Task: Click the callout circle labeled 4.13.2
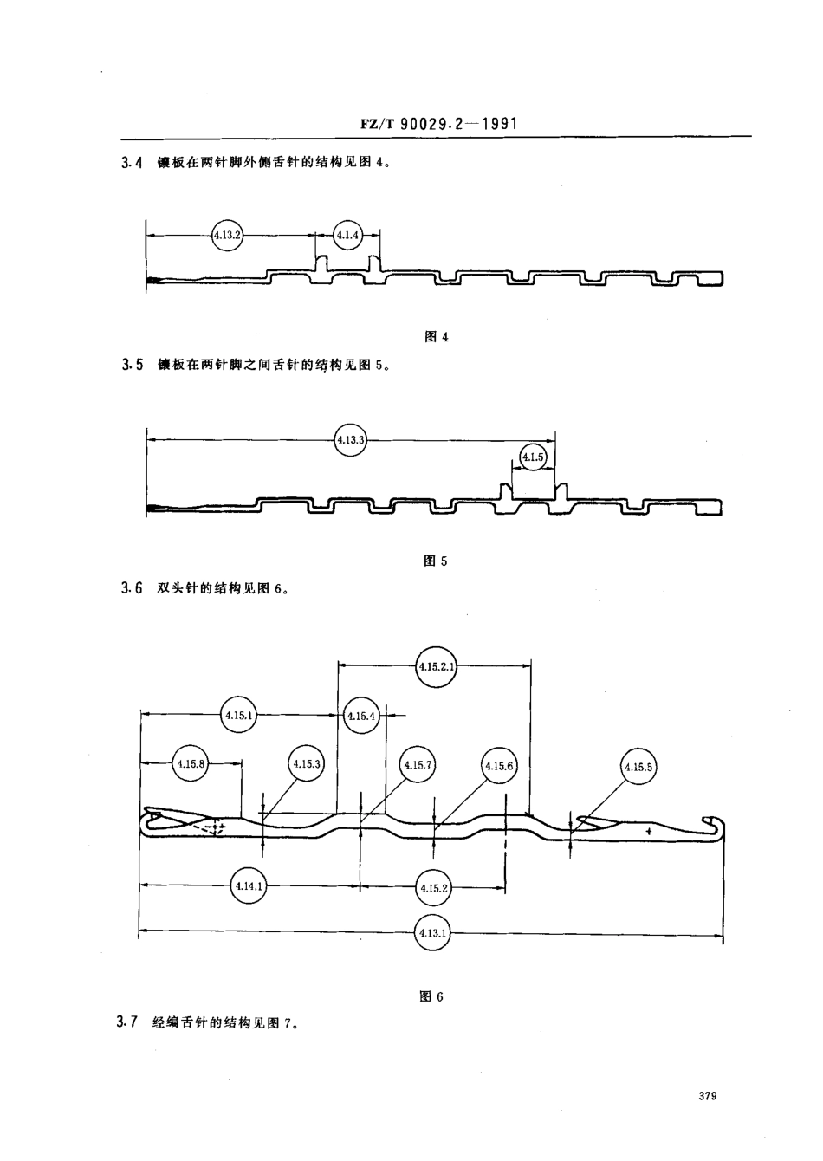click(x=227, y=234)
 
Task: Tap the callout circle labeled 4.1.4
click(x=347, y=234)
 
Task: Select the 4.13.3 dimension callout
click(x=350, y=440)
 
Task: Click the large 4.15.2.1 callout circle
click(x=436, y=665)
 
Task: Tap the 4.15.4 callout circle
click(x=360, y=716)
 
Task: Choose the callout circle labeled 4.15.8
click(x=191, y=763)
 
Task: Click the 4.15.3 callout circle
click(x=306, y=763)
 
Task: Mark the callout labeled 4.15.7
click(x=417, y=764)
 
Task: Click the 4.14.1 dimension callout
click(x=249, y=885)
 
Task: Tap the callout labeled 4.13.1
click(x=432, y=932)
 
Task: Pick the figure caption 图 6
click(x=431, y=996)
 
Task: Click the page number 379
click(x=706, y=1096)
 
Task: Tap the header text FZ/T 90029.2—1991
click(x=438, y=124)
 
